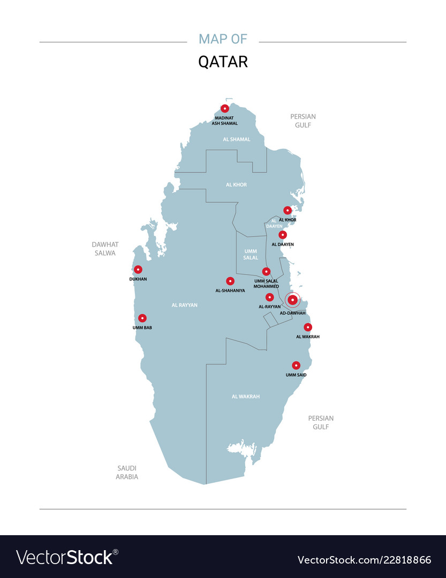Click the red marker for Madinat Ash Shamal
[225, 109]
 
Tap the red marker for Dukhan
[138, 270]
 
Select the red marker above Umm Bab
[142, 318]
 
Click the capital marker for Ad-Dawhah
[292, 300]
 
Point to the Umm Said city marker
[296, 366]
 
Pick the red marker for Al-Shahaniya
[230, 281]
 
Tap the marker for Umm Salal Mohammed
[266, 271]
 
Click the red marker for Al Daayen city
[283, 234]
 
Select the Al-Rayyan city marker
[270, 297]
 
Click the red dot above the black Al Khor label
[288, 210]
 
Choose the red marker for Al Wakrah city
[308, 327]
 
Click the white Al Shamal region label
[237, 139]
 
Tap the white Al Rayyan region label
[185, 305]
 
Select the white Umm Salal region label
[251, 254]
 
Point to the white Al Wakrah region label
[246, 397]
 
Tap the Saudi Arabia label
[127, 472]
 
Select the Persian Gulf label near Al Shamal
[303, 120]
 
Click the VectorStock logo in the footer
[67, 557]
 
